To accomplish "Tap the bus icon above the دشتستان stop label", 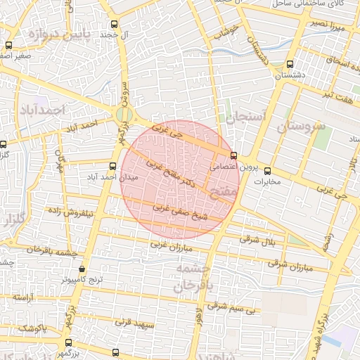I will [x=290, y=64].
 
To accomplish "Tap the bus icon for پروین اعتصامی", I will [x=233, y=156].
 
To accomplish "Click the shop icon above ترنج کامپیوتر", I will [x=82, y=269].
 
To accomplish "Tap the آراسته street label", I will [x=23, y=299].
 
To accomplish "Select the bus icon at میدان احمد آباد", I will [x=112, y=167].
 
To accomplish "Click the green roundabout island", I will [x=124, y=114].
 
